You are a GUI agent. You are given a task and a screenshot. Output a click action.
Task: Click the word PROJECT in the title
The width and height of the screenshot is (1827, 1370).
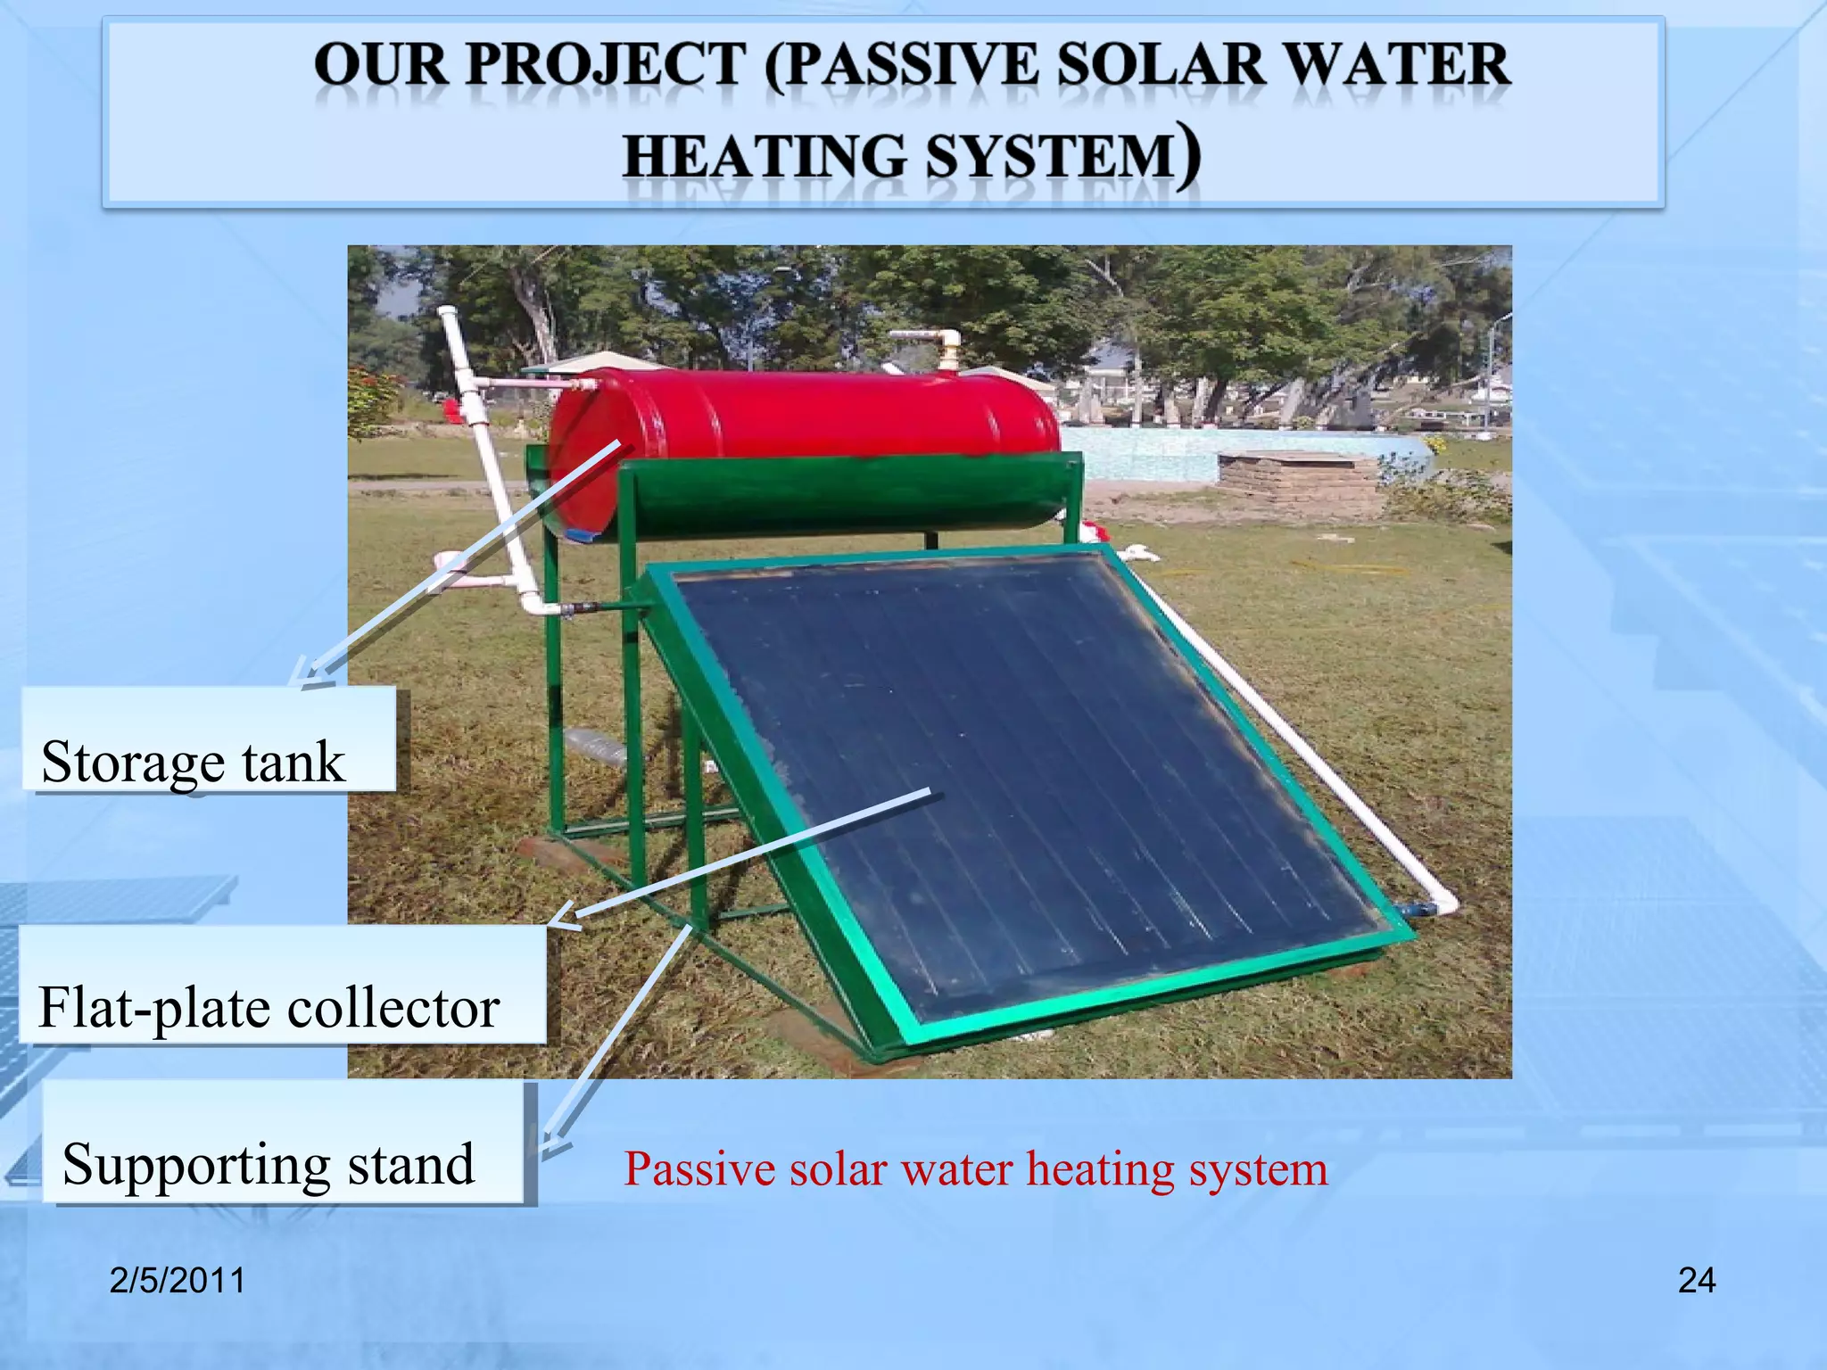606,65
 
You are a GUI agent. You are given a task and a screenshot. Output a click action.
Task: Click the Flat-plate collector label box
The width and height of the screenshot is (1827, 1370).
281,986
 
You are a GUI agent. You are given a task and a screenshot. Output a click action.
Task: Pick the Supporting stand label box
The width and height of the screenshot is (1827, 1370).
284,1144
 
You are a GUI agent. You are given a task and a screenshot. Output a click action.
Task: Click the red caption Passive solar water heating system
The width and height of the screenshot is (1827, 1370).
975,1168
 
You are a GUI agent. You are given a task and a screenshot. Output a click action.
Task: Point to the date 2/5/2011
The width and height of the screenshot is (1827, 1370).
177,1281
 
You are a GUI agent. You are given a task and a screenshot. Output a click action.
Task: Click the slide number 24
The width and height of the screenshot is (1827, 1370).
1696,1281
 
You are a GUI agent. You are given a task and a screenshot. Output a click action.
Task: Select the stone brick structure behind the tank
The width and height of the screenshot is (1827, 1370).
1298,482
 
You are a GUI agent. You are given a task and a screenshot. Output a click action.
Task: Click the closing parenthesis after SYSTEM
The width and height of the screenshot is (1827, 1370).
1187,157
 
